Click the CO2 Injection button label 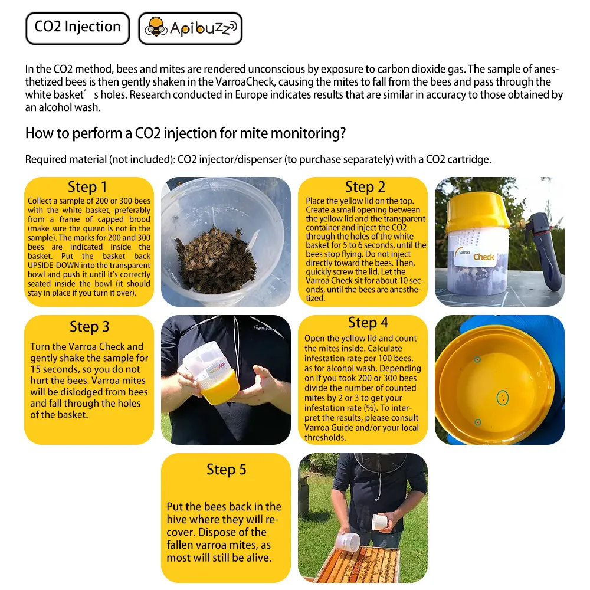(x=77, y=27)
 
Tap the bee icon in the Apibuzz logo (x=156, y=28)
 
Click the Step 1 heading (x=88, y=187)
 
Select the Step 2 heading (x=365, y=187)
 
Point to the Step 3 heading (x=90, y=326)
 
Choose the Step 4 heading (x=368, y=323)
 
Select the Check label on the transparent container (x=484, y=257)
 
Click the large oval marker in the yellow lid (x=502, y=398)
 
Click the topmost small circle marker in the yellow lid (x=477, y=359)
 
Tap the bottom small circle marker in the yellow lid (x=477, y=422)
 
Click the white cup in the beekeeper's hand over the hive (x=381, y=521)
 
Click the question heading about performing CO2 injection (x=185, y=133)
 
